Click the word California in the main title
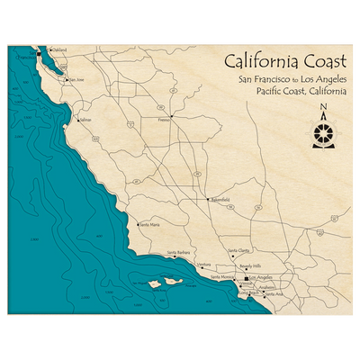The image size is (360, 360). coord(261,62)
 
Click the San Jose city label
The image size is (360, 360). coord(76,79)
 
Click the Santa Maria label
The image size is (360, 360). coord(149,224)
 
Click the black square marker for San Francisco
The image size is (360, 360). coord(39,54)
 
